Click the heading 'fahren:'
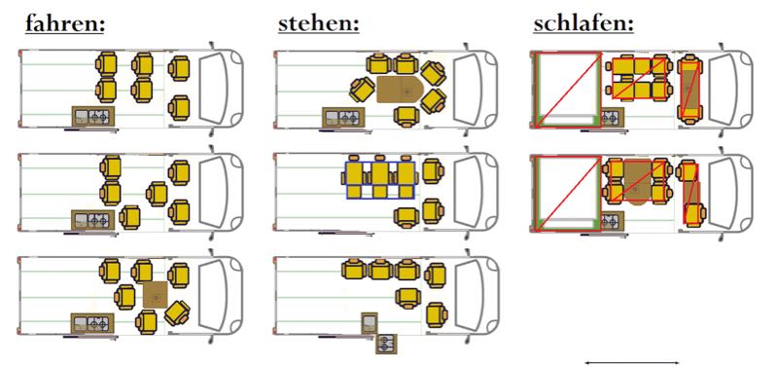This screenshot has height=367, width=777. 65,23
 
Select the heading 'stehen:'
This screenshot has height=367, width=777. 319,23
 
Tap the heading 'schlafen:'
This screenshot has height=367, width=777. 583,23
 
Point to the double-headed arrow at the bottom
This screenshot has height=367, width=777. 632,362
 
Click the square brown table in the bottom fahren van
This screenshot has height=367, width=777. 156,295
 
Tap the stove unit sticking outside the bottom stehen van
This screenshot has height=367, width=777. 386,345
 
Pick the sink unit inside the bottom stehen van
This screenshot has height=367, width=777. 370,323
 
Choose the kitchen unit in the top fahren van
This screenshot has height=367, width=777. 93,117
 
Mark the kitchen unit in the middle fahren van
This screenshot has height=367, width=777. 92,220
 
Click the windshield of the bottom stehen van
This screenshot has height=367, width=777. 471,296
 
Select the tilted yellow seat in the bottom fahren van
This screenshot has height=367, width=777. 177,312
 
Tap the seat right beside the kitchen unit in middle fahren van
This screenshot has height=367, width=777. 129,217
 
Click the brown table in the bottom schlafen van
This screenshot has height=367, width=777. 637,182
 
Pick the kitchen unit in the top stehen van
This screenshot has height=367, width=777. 343,117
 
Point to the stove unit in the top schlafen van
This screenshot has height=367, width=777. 612,117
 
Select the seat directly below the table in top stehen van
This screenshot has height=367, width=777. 407,117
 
